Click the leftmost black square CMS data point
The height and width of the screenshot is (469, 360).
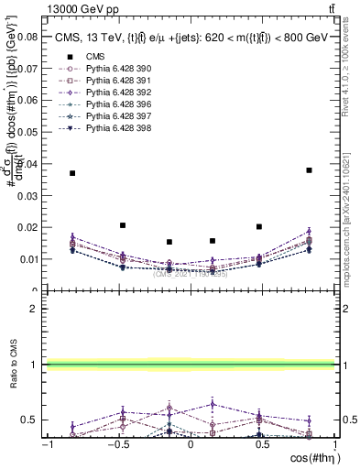click(x=72, y=173)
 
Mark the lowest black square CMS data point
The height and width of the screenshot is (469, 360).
click(x=169, y=242)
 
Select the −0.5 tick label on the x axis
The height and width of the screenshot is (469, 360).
click(x=117, y=444)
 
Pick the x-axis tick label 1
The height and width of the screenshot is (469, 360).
click(x=333, y=444)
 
